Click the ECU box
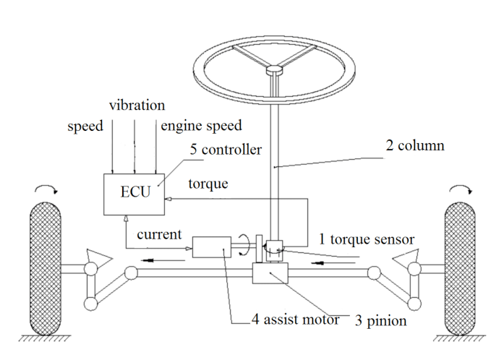point(134,193)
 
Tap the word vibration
point(137,106)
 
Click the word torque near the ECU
point(208,184)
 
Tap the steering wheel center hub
point(275,71)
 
